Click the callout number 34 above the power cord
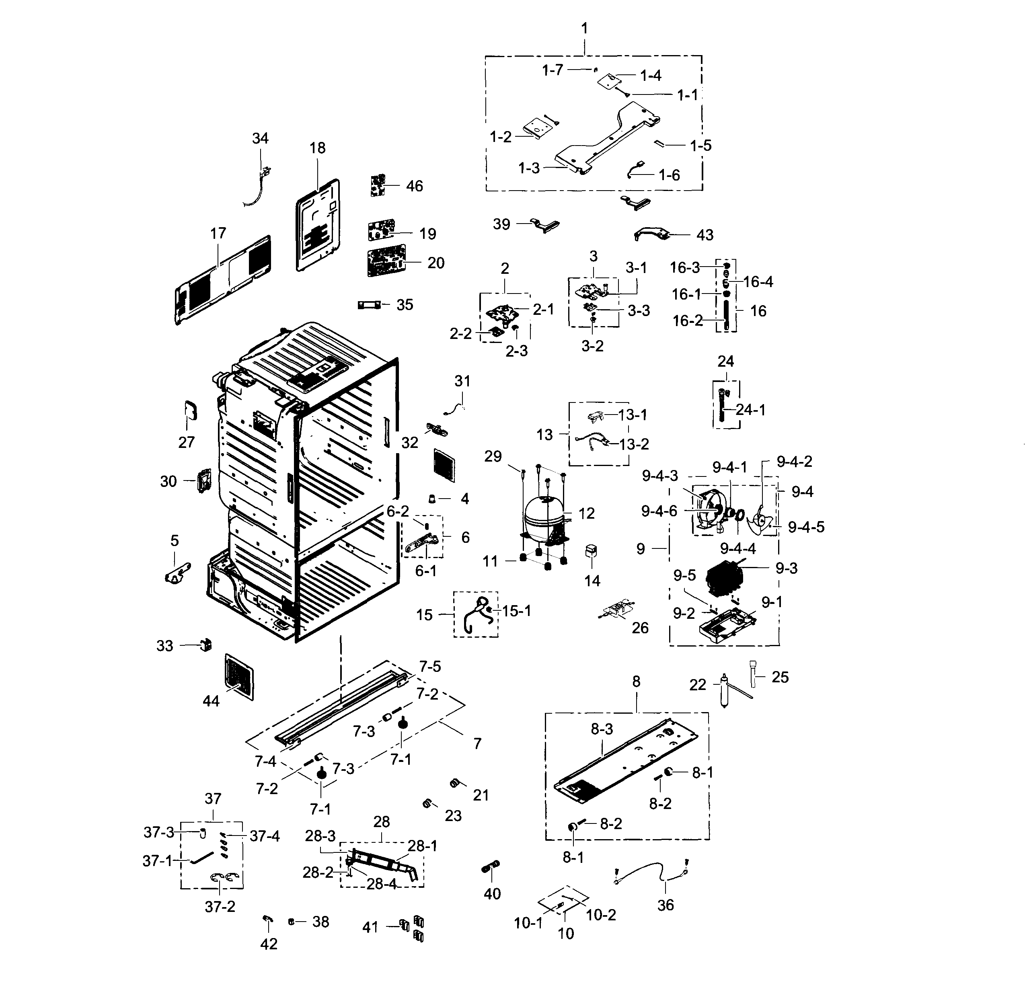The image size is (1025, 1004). pos(260,138)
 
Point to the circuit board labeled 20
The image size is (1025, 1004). pos(386,261)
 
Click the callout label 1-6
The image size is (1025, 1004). pos(669,175)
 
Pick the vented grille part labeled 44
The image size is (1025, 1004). pos(239,677)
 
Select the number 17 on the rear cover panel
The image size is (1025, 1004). pos(218,233)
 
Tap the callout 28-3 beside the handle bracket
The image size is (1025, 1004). pos(320,836)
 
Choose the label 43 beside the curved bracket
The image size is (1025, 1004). pos(705,235)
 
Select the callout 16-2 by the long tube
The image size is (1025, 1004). pos(688,320)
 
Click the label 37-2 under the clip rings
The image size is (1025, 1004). pos(220,906)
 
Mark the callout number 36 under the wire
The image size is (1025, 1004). pos(666,905)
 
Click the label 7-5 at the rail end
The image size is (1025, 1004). pos(430,667)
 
